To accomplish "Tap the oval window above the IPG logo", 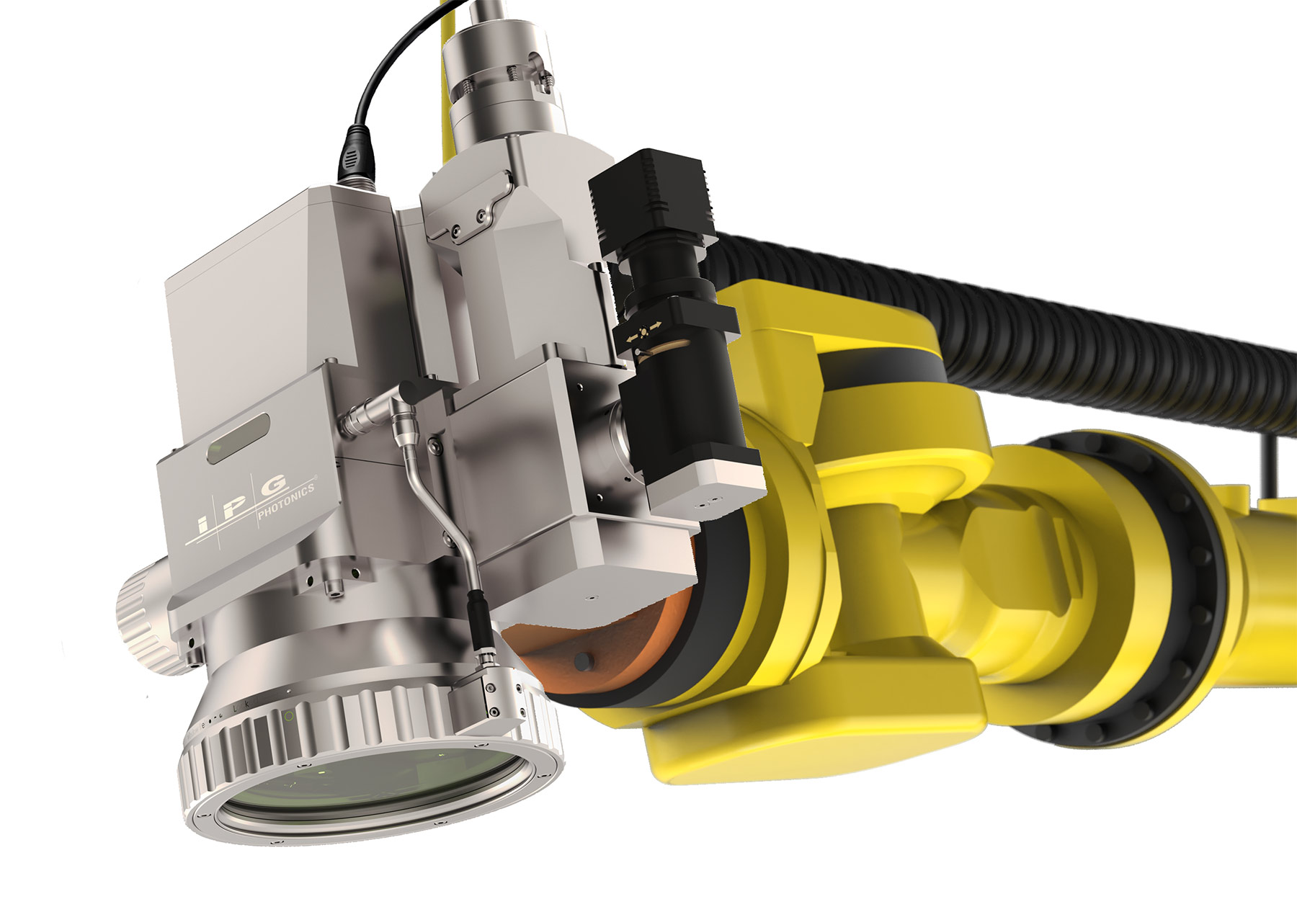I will [239, 438].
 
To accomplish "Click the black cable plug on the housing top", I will [357, 155].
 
